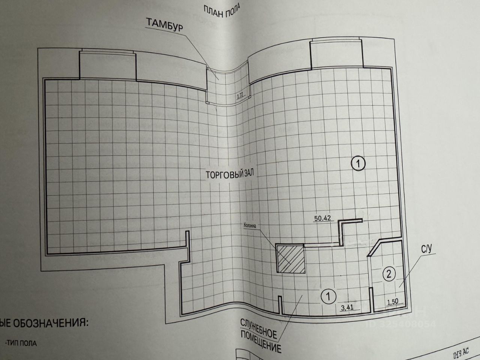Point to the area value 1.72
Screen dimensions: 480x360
(x=240, y=96)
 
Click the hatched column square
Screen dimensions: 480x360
(x=291, y=259)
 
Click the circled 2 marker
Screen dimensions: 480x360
(x=389, y=274)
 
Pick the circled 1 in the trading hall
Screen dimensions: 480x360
(x=358, y=163)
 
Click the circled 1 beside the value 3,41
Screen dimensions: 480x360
(x=328, y=297)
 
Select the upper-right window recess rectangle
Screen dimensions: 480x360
(x=337, y=55)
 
